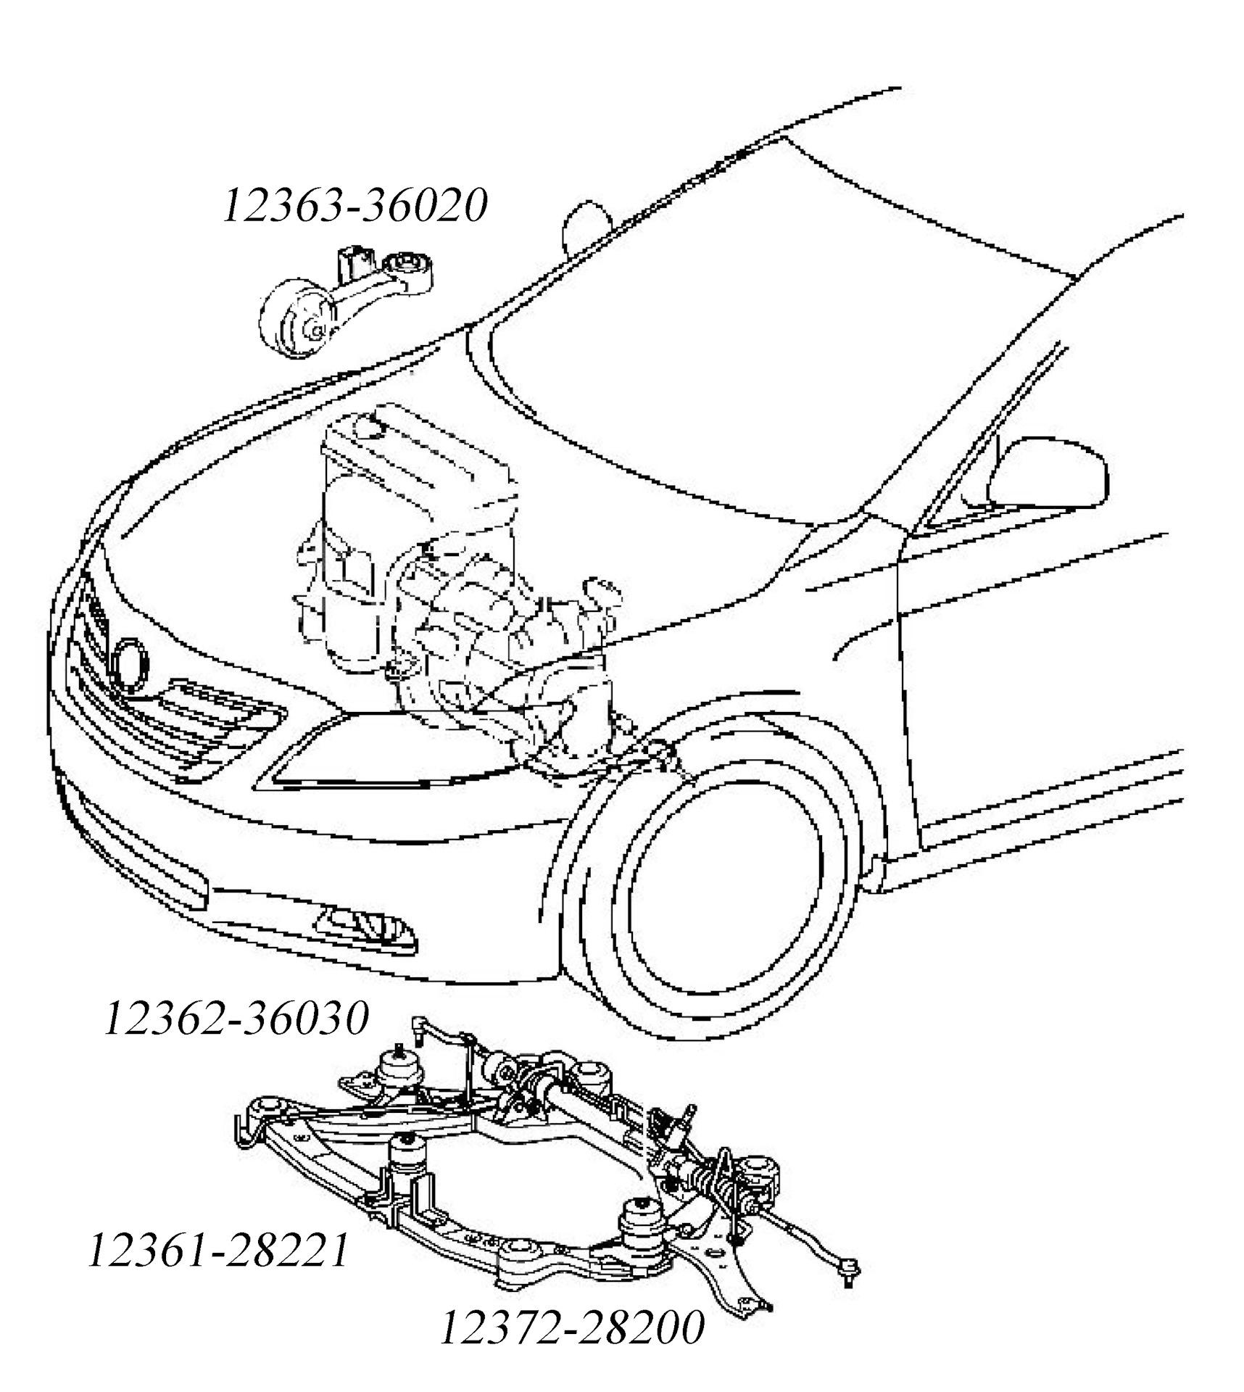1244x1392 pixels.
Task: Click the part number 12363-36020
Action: (354, 205)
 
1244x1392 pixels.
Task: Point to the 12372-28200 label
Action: (572, 1327)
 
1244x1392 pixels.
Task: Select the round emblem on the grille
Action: (130, 663)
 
